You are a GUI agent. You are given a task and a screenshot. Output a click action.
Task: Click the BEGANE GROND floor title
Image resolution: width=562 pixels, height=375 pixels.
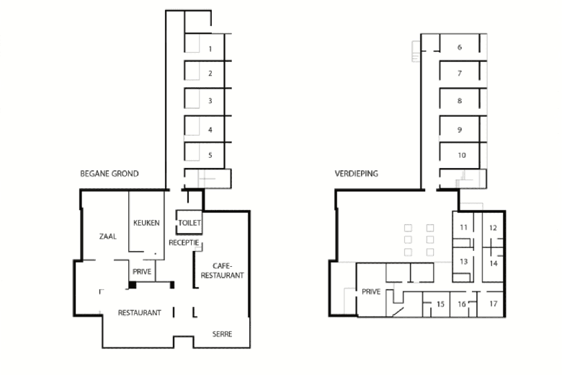[110, 174]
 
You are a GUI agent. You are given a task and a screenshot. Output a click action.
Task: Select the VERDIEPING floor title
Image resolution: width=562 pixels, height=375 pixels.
[356, 174]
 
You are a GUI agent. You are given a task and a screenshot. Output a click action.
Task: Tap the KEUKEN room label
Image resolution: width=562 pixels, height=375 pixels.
[146, 223]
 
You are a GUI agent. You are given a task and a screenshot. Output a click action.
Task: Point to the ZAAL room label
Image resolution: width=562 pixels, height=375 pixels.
[108, 236]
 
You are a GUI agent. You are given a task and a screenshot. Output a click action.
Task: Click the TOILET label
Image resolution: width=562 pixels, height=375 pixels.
[189, 223]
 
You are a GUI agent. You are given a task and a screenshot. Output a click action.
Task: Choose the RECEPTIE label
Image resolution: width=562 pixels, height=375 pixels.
[184, 242]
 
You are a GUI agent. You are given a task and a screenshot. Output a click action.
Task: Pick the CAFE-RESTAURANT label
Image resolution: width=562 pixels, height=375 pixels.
[222, 270]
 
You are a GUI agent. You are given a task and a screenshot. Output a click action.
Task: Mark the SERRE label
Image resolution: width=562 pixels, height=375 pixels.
[222, 334]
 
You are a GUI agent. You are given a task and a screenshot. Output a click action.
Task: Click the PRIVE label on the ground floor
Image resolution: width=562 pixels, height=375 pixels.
[142, 272]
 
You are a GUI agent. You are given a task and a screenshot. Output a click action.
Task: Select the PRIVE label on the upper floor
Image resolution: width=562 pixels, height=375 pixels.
[371, 292]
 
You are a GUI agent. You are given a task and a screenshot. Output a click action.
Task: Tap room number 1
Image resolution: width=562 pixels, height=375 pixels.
[210, 49]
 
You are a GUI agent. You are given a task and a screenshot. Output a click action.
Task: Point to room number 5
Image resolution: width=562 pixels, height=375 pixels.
[210, 155]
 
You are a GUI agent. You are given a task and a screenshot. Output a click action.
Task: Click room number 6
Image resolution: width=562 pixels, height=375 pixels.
[460, 47]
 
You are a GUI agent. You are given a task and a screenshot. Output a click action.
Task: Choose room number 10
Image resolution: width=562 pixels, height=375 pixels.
[462, 155]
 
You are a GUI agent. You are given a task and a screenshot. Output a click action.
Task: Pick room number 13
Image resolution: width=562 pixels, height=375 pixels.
[464, 261]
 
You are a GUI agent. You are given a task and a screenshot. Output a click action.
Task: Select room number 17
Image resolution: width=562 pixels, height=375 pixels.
[494, 304]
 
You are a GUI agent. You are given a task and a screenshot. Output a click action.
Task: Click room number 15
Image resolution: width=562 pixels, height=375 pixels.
[440, 304]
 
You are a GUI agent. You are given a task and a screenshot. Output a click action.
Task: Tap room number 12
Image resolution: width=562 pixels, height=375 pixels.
[493, 227]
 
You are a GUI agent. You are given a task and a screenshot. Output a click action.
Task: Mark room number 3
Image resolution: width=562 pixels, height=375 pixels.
[210, 101]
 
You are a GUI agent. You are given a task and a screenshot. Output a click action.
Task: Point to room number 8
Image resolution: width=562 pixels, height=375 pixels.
[460, 101]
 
